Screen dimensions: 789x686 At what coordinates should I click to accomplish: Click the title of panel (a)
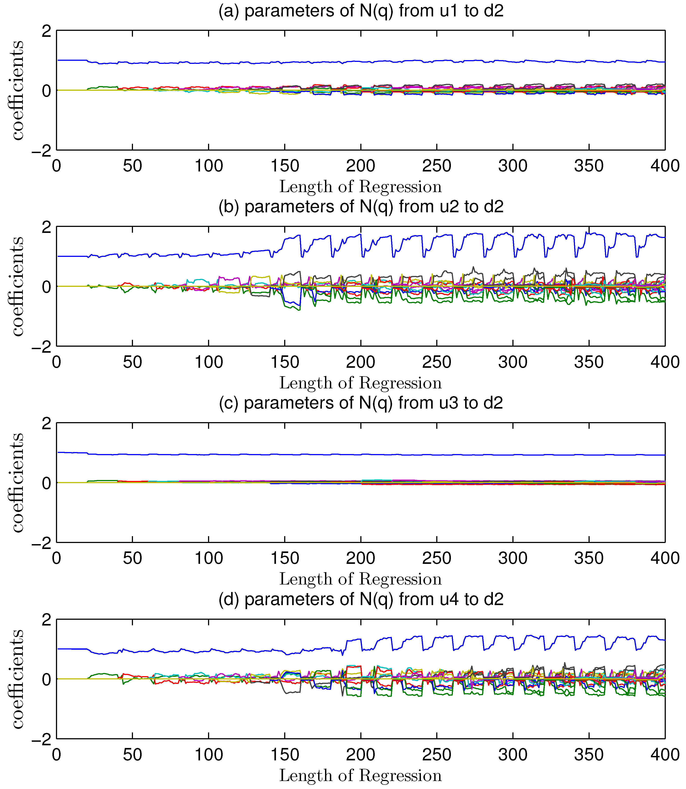pos(361,10)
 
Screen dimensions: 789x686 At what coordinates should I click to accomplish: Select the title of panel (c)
pos(361,403)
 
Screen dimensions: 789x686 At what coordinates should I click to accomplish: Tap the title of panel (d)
pos(361,599)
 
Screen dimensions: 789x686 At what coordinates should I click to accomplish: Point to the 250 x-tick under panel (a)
pos(436,166)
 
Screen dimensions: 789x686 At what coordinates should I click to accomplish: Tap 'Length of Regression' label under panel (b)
pos(361,383)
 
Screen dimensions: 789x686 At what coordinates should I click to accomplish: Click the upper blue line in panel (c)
pos(306,454)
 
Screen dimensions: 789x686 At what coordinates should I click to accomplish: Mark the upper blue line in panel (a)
pos(306,62)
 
